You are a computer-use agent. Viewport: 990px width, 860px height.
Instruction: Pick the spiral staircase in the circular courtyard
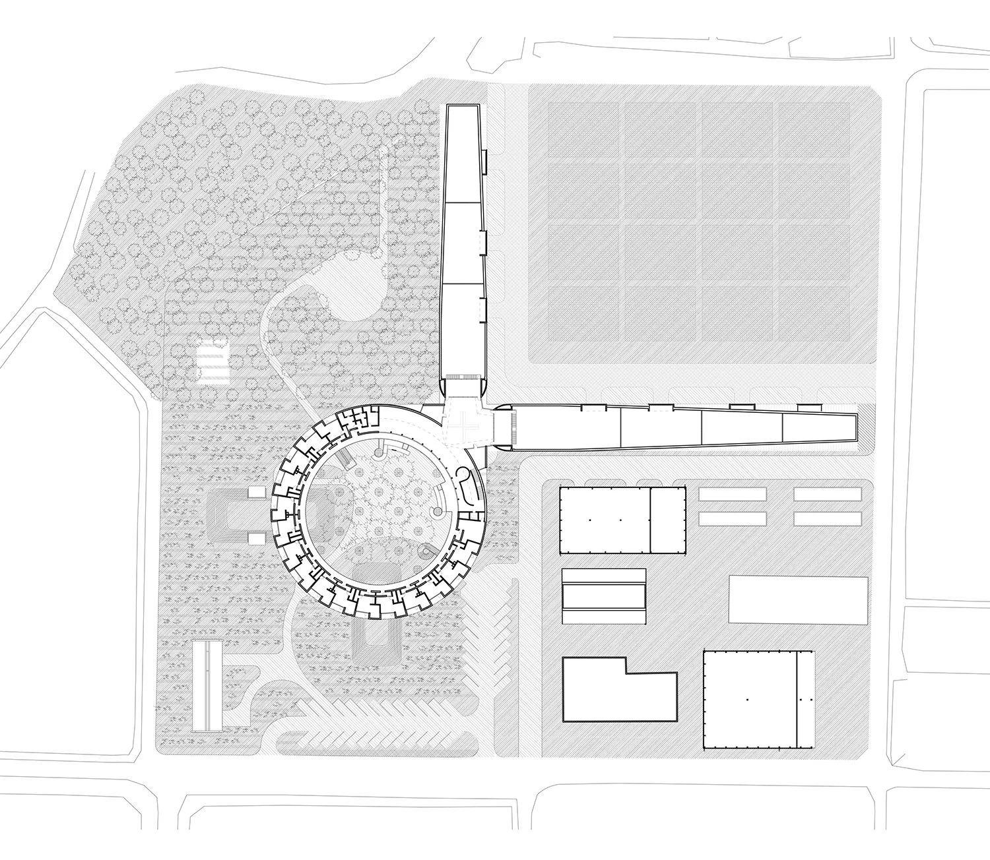[436, 512]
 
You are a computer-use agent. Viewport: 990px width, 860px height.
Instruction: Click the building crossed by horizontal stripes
[603, 596]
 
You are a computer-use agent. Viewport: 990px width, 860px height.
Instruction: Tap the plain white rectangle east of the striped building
[798, 599]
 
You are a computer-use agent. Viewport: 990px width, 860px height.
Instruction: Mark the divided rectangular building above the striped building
[622, 520]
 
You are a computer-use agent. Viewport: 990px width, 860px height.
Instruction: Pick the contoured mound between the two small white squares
[228, 514]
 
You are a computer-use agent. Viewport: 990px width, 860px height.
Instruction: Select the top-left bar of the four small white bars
[732, 494]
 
